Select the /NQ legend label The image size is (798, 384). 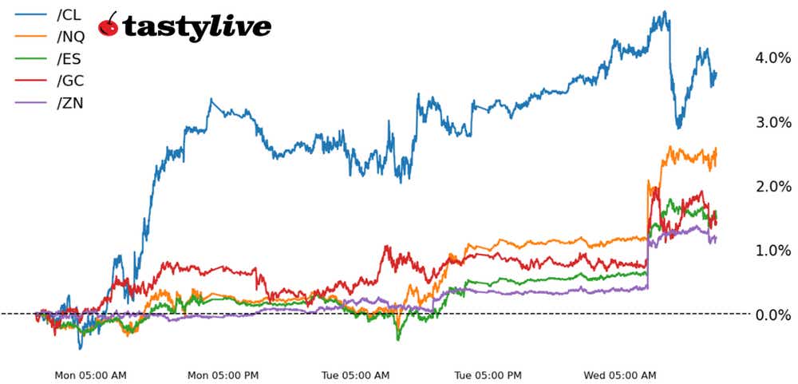pos(70,36)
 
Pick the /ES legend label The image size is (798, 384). pos(69,58)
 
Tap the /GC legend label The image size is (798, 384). pos(70,81)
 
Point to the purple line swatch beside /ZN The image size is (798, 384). pos(26,103)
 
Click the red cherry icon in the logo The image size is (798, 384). pos(108,26)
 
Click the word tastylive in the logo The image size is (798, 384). pos(196,28)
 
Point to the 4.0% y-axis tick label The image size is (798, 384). pos(772,57)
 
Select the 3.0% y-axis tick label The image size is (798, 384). pos(772,122)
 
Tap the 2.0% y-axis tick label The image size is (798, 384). pos(772,186)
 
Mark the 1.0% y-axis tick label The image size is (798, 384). pos(772,251)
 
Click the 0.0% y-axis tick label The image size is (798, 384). pos(772,315)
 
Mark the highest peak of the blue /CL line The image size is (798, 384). pos(662,12)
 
